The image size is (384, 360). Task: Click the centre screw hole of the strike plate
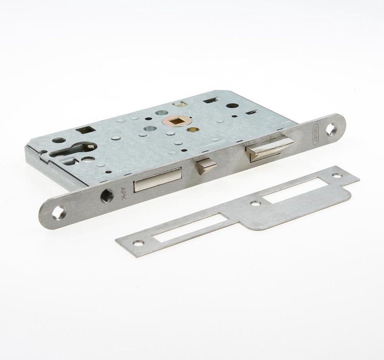point(255,203)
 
